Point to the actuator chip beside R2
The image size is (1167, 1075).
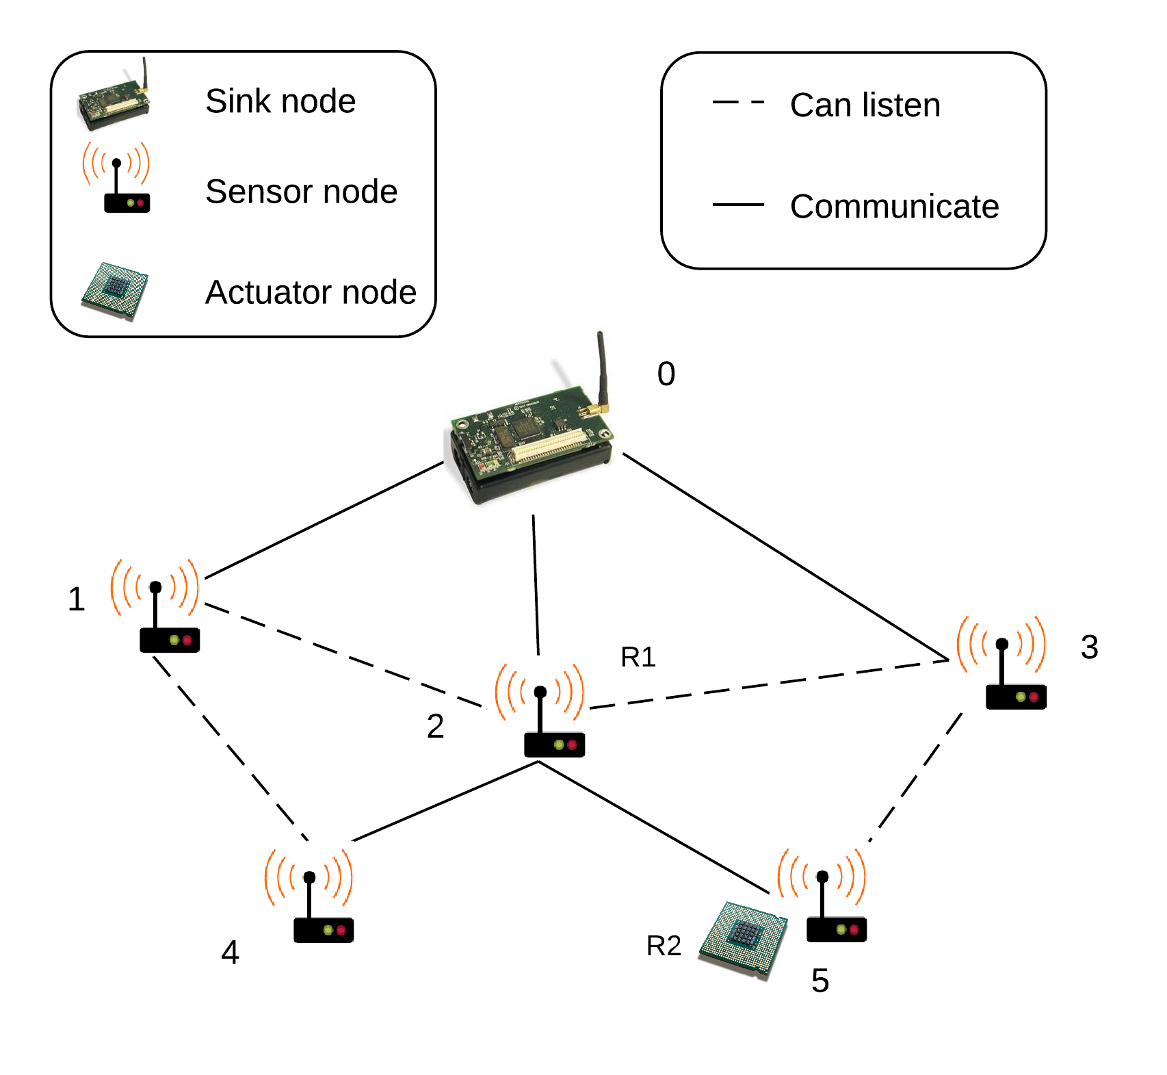point(744,937)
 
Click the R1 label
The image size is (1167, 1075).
point(638,657)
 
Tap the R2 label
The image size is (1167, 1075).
point(664,946)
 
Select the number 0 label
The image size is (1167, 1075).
point(666,374)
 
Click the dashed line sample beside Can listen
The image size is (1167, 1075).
point(738,103)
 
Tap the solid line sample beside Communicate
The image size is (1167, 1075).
point(738,205)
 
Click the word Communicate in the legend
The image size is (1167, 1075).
point(894,207)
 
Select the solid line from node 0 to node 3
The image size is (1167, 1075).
point(783,556)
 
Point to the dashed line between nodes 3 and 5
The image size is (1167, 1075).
point(917,777)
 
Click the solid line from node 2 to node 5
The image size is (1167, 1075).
point(653,828)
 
